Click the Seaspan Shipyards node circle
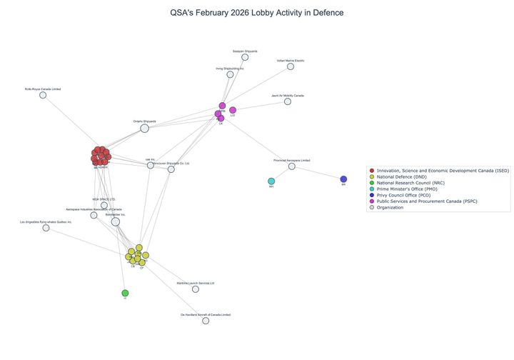tap(245, 57)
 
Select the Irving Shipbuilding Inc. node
tap(230, 74)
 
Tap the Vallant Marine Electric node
tap(291, 66)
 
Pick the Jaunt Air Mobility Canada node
tap(288, 101)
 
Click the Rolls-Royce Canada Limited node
tap(43, 95)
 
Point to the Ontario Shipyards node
tap(144, 128)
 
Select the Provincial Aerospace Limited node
tap(291, 166)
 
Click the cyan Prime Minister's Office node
tap(271, 181)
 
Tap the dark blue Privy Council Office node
tap(343, 179)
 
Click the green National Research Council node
tap(125, 293)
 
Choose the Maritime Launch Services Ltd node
tap(196, 289)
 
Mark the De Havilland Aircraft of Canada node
tap(206, 321)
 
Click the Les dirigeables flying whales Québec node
tap(46, 228)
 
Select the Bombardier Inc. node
tap(116, 221)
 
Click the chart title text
tap(256, 13)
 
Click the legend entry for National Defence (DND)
tap(399, 176)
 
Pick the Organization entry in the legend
tap(390, 207)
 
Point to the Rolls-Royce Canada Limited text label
tap(43, 89)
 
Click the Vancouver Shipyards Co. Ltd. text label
tap(171, 163)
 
